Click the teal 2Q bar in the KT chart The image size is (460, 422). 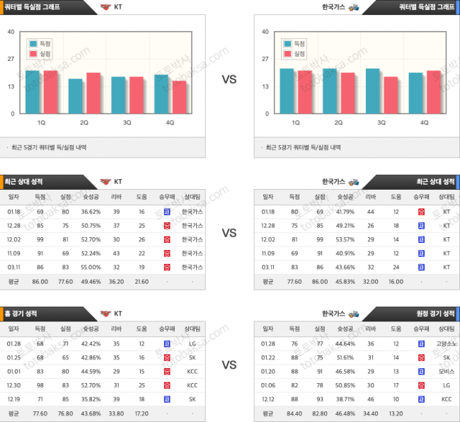click(76, 96)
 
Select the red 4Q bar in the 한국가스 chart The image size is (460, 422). click(434, 92)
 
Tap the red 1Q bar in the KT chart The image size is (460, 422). click(50, 92)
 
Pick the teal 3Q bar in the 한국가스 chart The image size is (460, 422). click(373, 91)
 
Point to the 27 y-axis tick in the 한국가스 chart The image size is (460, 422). click(264, 59)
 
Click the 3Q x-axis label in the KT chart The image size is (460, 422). click(127, 122)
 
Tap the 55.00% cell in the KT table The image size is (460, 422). click(91, 267)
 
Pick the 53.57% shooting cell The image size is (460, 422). click(345, 240)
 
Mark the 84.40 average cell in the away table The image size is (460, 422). click(295, 412)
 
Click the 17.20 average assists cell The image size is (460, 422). click(142, 412)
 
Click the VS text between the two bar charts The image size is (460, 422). click(229, 79)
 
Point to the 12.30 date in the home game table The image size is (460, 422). click(14, 384)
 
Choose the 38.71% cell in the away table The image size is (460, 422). click(345, 398)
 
